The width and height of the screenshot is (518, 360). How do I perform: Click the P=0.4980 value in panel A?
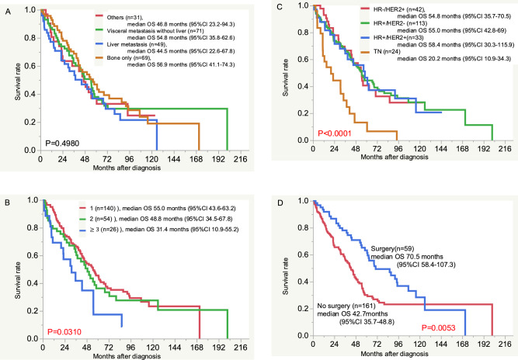tap(61, 143)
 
